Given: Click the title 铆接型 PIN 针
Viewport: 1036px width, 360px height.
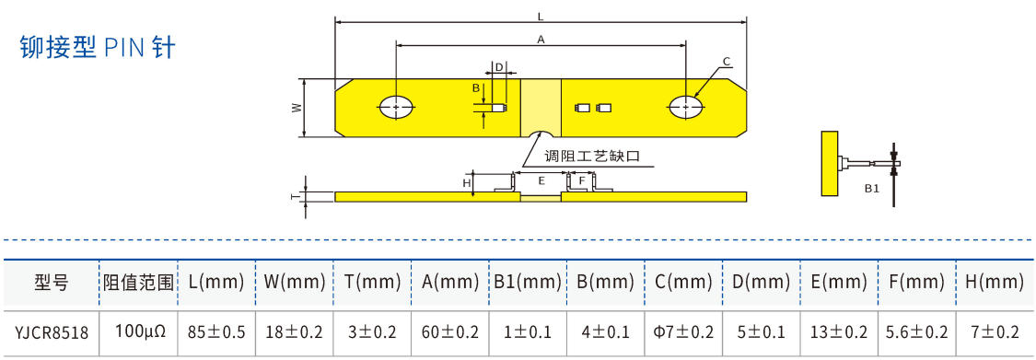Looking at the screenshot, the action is (x=98, y=48).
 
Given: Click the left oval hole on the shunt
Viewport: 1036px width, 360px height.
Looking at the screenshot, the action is (x=396, y=107).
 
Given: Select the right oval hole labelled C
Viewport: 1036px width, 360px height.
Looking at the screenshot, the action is (x=686, y=107).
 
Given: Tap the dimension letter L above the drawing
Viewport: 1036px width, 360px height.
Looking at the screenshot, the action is (x=541, y=14).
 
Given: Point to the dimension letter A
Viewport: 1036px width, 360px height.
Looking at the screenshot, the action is (x=541, y=40).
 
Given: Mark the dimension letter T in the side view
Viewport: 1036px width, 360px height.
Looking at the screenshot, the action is (x=298, y=196).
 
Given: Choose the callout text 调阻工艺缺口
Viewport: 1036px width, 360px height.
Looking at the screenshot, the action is (x=592, y=157).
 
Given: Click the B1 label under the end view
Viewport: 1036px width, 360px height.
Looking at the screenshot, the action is (x=872, y=189).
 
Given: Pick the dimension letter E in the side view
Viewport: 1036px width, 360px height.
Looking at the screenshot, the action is (x=541, y=180).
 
